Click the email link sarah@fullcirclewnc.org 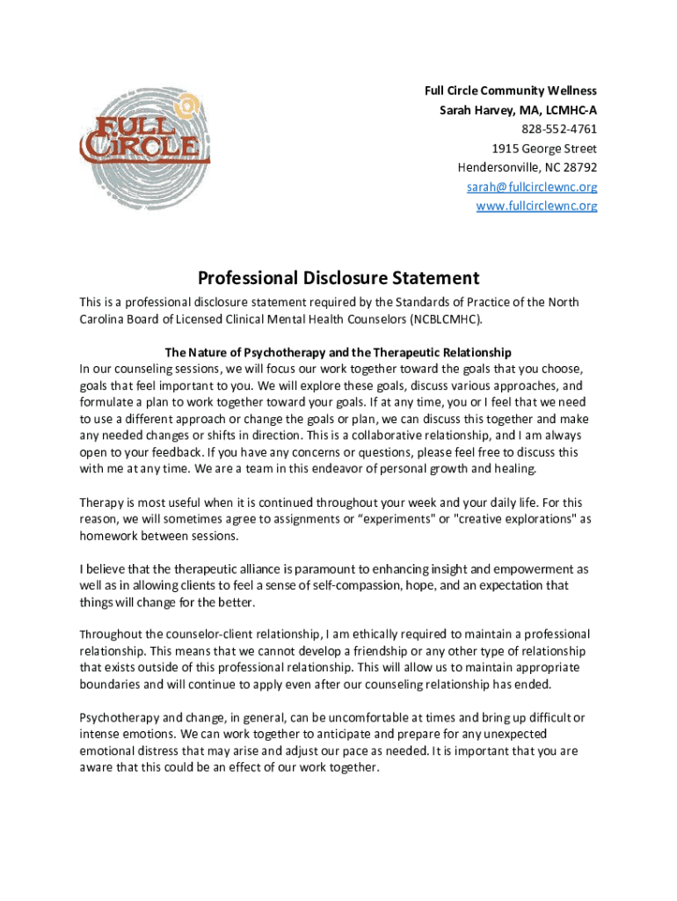(532, 187)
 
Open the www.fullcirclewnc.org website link (536, 206)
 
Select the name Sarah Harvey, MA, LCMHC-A (518, 110)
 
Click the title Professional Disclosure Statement (338, 278)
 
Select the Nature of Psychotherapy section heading (338, 353)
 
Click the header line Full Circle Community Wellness (510, 91)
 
